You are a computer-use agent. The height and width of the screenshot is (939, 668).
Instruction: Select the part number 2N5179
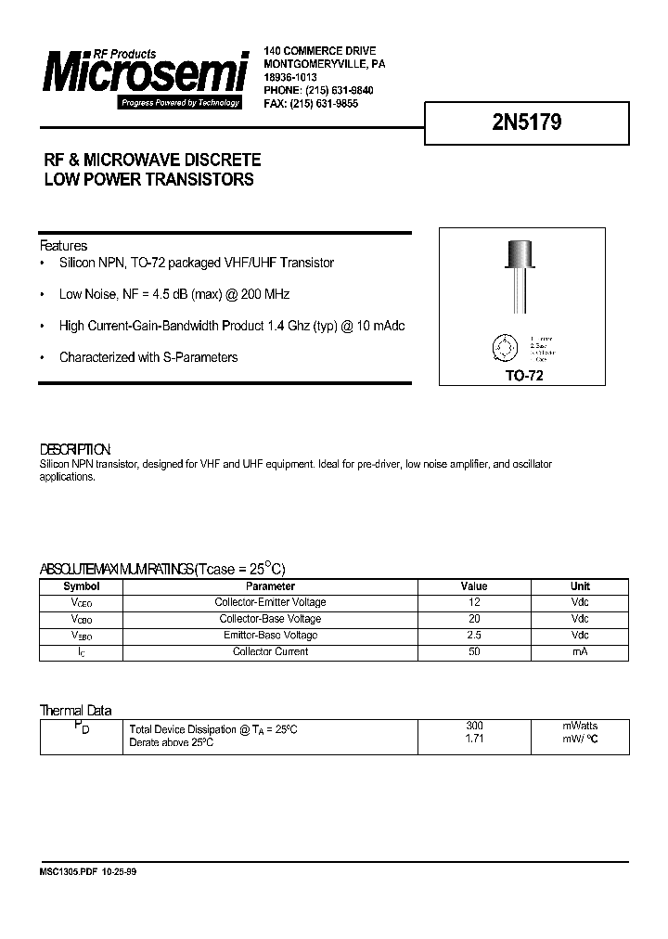525,123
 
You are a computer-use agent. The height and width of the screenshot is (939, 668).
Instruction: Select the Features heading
63,246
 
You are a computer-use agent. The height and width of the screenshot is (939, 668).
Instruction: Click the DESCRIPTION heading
75,448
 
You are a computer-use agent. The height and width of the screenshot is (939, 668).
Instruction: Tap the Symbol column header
81,586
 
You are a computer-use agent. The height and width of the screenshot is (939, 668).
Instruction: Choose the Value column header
473,586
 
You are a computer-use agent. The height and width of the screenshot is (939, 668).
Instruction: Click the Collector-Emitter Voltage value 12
473,602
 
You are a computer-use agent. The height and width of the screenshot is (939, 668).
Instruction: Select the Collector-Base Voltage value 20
473,619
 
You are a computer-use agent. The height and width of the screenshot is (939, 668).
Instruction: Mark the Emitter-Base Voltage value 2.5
473,636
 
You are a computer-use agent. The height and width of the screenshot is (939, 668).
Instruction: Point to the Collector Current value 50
473,652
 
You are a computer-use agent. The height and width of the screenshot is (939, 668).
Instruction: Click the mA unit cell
579,652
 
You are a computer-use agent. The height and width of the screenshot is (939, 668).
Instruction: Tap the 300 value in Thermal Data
473,726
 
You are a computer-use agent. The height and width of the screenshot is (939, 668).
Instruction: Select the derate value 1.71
473,740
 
